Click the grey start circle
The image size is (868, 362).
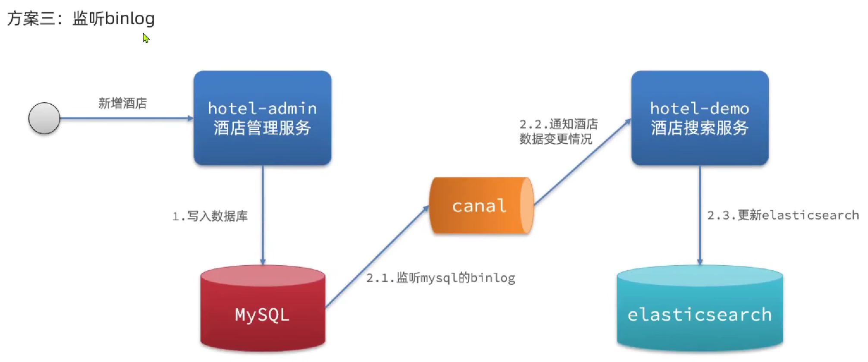[x=44, y=118]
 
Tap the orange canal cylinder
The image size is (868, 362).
[x=481, y=206]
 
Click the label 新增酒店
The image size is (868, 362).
[x=122, y=104]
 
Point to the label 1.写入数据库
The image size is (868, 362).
[x=210, y=216]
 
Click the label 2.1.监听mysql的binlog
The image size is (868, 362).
[x=441, y=278]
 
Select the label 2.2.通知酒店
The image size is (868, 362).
[x=558, y=124]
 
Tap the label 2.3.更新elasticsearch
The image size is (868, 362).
[x=783, y=215]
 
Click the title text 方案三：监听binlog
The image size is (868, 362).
[x=81, y=19]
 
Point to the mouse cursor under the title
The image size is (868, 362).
[x=146, y=38]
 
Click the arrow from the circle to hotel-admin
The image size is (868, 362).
[x=125, y=118]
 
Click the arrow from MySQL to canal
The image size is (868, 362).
[x=376, y=257]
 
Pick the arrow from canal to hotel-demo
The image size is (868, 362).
[x=582, y=163]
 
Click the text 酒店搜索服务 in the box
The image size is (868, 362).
[x=699, y=128]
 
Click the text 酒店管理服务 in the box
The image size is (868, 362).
[x=262, y=128]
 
